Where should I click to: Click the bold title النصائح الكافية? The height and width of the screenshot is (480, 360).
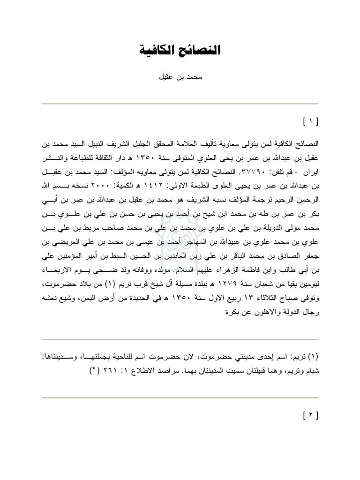coord(180,50)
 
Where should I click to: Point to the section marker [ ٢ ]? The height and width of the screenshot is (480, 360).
coord(310,415)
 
